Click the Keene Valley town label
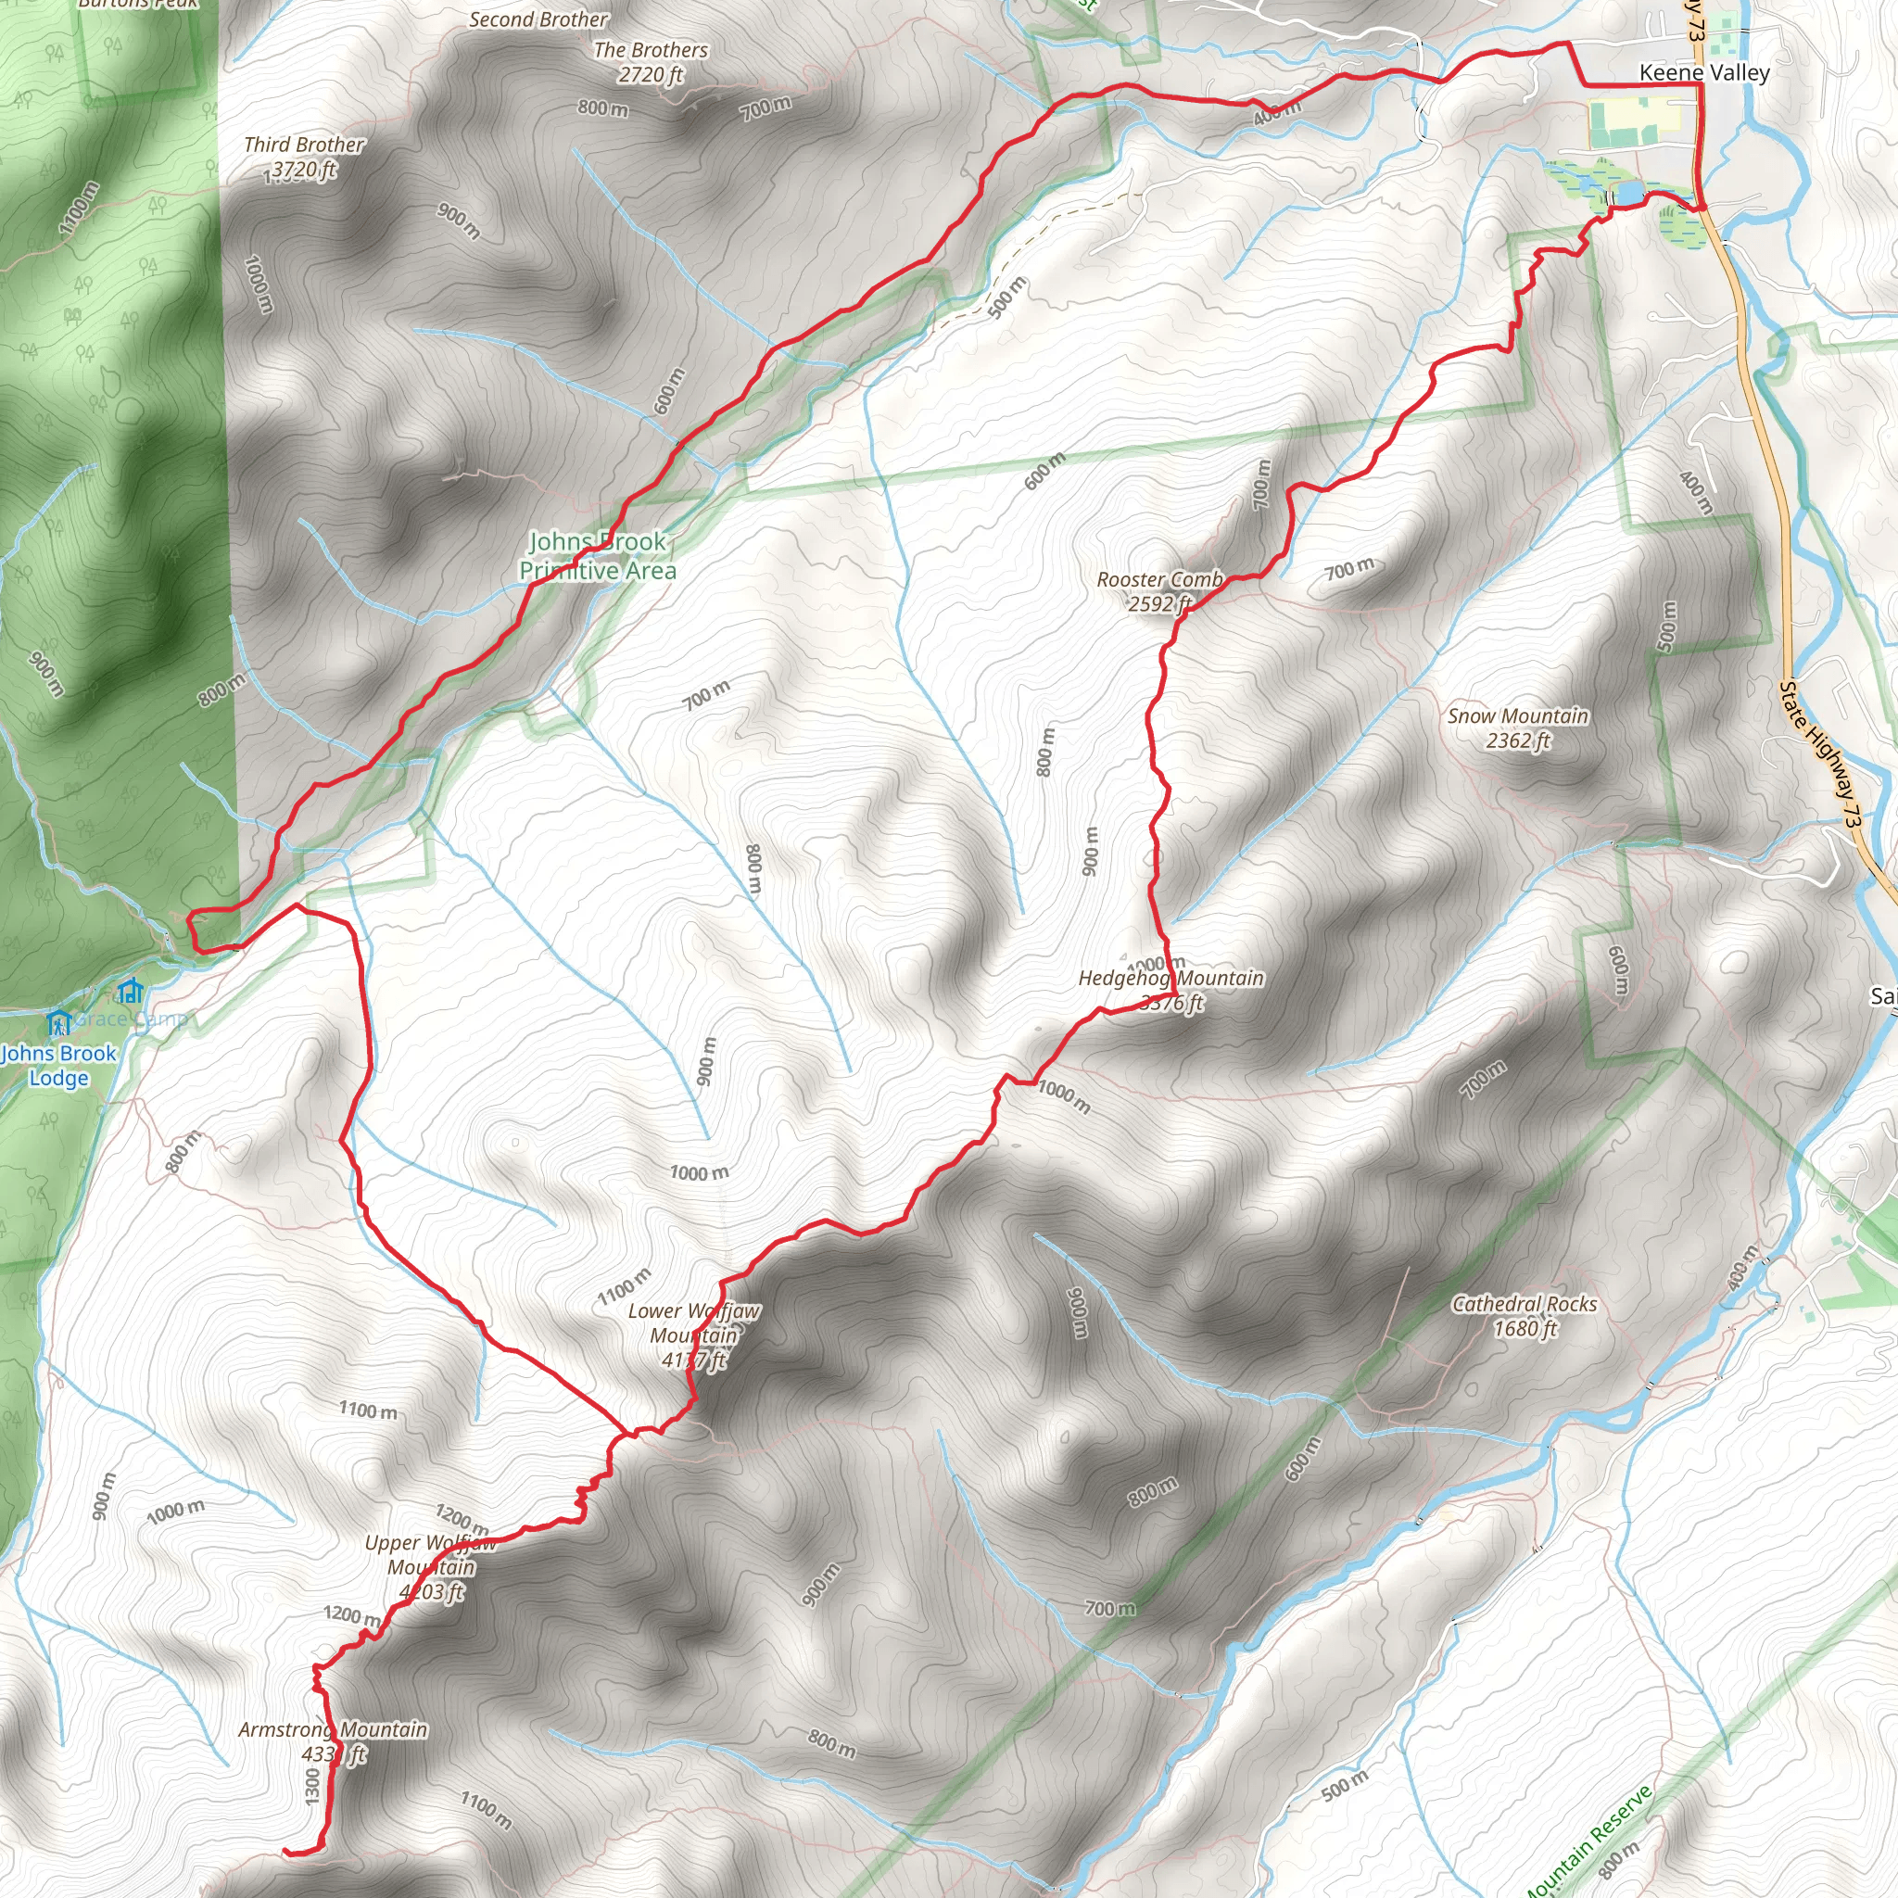1704,72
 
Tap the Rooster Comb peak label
1159,591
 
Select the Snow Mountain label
1518,728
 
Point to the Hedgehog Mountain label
1171,989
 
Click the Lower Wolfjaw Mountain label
693,1335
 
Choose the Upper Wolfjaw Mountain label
430,1567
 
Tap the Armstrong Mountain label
333,1741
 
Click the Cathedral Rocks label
1525,1316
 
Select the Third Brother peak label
304,158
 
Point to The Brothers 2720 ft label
651,62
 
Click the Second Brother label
538,19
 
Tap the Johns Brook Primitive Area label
598,556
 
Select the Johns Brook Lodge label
59,1065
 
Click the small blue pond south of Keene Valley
1626,193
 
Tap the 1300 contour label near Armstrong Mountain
312,1786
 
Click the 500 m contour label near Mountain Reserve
1345,1785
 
